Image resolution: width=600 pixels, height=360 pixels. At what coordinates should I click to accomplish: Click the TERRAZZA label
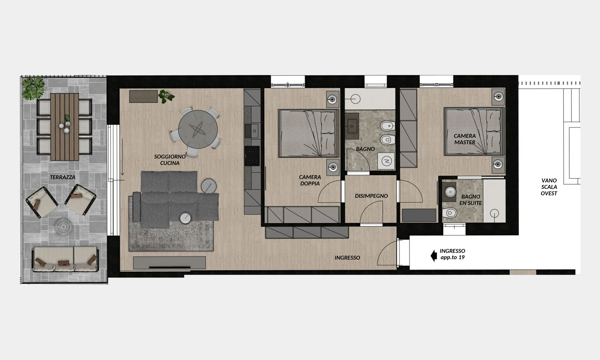click(62, 177)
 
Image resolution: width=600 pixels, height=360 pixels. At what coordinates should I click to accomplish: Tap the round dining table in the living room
click(198, 129)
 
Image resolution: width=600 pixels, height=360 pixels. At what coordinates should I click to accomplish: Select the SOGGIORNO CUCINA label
click(170, 160)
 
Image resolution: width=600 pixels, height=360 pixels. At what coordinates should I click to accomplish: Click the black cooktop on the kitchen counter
click(252, 156)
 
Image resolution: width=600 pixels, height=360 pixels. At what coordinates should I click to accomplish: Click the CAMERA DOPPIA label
click(310, 180)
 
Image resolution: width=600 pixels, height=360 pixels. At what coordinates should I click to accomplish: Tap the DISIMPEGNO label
click(371, 196)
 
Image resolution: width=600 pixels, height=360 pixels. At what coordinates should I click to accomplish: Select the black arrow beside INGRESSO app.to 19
click(433, 255)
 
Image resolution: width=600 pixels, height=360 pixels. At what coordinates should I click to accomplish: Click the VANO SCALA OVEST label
click(549, 187)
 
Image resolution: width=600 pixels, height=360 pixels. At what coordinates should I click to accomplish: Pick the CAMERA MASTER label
click(465, 139)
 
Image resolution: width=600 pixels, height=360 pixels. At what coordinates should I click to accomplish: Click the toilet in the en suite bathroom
click(450, 213)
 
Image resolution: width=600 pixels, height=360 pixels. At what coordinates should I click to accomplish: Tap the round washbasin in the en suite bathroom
click(450, 192)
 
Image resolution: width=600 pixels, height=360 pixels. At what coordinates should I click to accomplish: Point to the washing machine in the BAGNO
click(386, 161)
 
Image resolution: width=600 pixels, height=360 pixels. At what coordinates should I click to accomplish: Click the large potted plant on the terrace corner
click(33, 88)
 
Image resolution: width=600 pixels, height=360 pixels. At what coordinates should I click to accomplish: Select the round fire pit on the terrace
click(63, 227)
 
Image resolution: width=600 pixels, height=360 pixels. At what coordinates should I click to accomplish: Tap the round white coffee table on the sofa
click(185, 218)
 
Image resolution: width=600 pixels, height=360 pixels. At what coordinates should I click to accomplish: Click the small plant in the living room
click(166, 96)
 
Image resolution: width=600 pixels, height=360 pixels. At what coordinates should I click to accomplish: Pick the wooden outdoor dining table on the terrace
click(64, 127)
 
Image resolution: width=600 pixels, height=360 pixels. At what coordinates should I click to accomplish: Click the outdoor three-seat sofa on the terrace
click(66, 259)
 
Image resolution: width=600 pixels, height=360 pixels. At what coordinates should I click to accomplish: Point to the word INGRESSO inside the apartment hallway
click(347, 258)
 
